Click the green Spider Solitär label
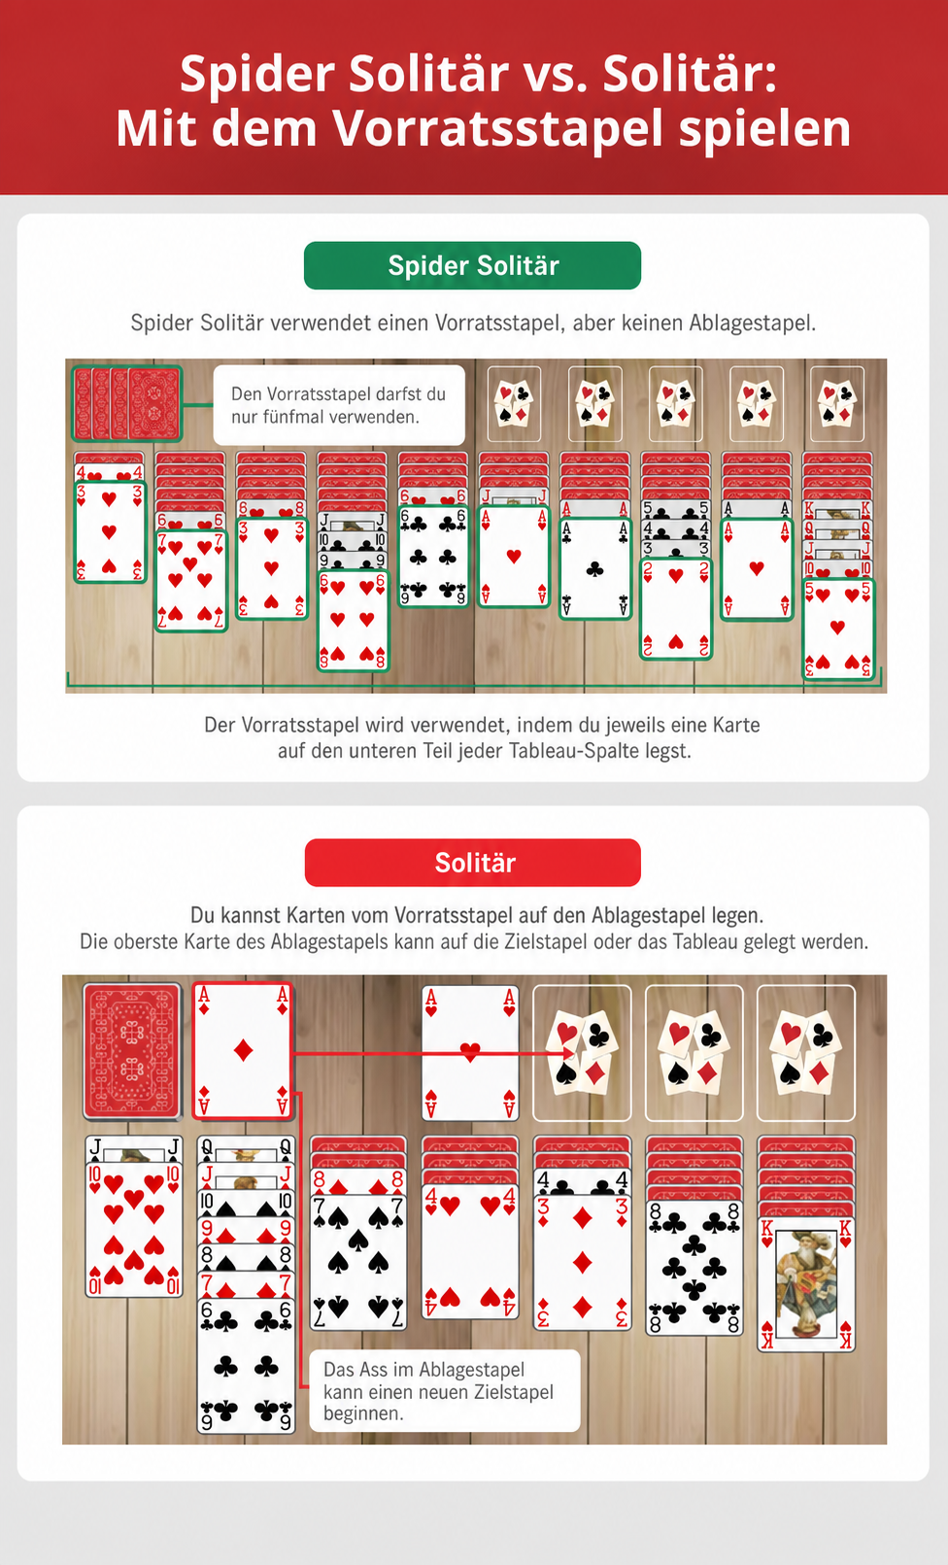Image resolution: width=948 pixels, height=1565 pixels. click(x=472, y=265)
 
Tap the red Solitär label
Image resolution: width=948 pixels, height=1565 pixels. click(x=473, y=863)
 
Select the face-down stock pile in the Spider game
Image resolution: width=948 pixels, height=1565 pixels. click(x=127, y=404)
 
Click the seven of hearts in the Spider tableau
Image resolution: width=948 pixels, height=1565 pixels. click(x=190, y=581)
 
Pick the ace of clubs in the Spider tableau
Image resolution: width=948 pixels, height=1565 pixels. click(x=595, y=568)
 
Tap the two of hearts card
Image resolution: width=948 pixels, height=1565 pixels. click(x=675, y=608)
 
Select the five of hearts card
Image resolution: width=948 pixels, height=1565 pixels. click(x=837, y=629)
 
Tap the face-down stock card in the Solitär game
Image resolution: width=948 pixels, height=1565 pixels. click(x=132, y=1051)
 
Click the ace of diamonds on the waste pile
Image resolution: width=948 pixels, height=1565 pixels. click(x=243, y=1051)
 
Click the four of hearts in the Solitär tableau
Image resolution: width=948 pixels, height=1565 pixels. click(x=470, y=1251)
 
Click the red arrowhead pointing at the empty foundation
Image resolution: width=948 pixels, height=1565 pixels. click(x=568, y=1054)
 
